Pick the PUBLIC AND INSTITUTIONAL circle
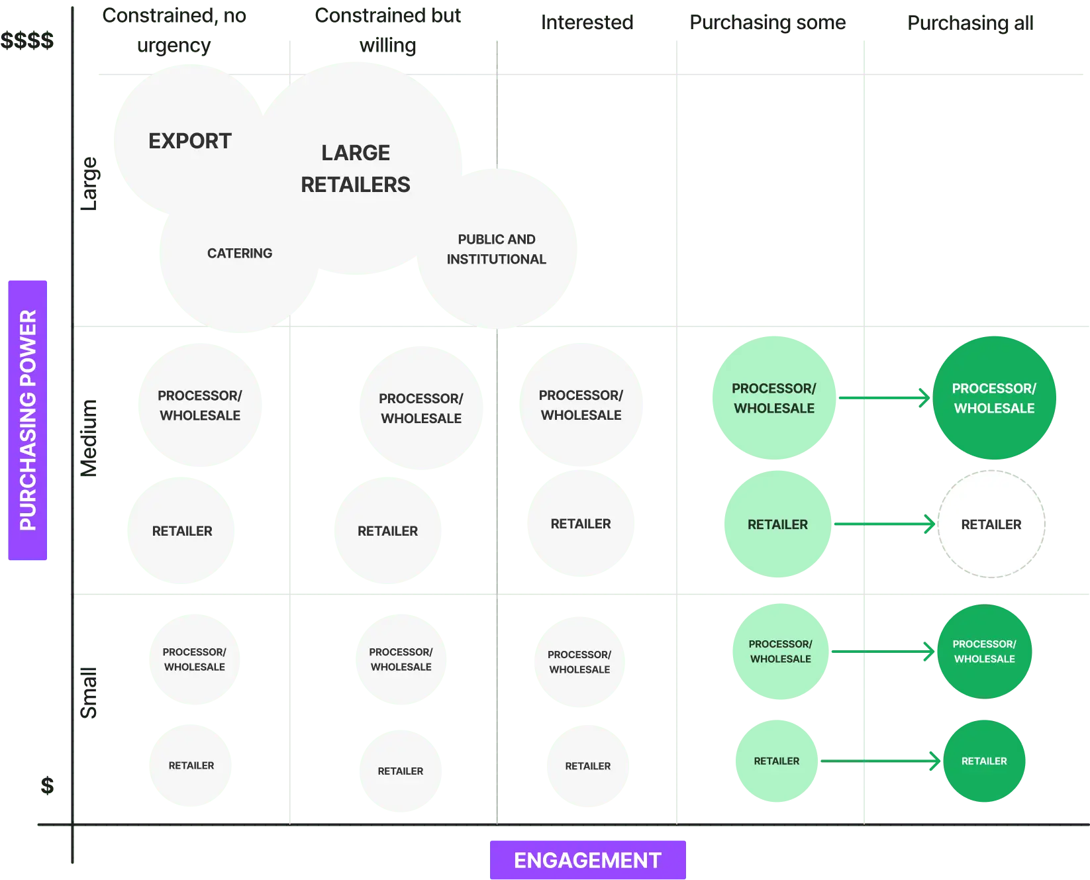pos(497,249)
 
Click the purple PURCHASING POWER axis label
pos(28,420)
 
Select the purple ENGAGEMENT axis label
pos(587,860)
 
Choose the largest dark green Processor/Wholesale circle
pos(994,398)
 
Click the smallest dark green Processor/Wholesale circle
pos(984,652)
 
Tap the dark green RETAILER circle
pos(984,761)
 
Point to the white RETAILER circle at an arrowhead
pos(991,524)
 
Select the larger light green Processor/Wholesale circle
pos(773,398)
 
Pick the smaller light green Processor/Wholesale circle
pos(780,652)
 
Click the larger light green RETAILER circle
pos(777,524)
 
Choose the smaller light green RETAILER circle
pos(776,761)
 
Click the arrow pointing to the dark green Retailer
pos(881,761)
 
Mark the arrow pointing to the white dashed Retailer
pos(884,524)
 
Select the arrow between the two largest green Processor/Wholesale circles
pos(884,398)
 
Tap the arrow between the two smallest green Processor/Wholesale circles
pos(884,652)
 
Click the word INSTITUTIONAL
pos(497,260)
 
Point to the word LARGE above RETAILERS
pos(356,153)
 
